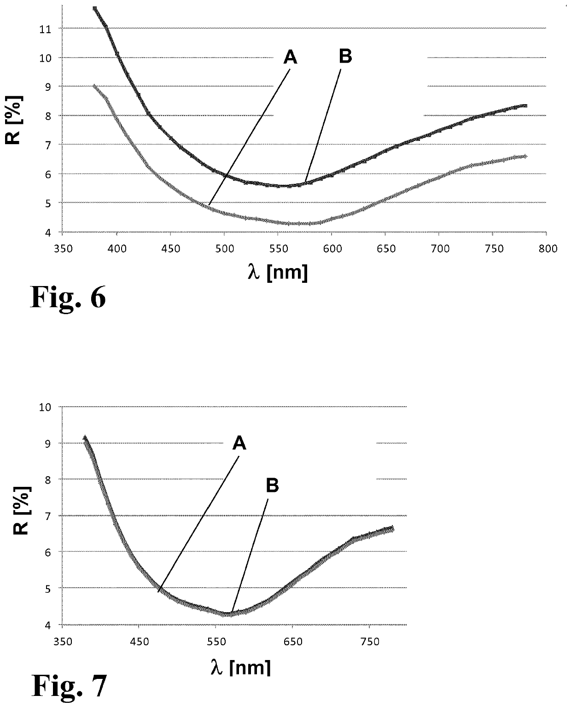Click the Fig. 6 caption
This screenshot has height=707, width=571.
68,297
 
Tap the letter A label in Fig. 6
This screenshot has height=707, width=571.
290,57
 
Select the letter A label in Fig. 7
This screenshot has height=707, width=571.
239,443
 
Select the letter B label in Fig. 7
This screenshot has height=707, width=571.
273,485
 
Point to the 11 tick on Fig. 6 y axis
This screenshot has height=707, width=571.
45,29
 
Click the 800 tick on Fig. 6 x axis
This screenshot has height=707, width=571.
548,249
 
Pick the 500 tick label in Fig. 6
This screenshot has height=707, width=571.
225,249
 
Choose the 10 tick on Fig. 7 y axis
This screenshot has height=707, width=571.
45,407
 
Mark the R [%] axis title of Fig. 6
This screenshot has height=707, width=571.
14,120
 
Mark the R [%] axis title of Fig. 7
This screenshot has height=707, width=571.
22,510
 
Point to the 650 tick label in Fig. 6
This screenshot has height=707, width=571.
386,249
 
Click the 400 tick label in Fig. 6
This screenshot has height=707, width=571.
117,249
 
